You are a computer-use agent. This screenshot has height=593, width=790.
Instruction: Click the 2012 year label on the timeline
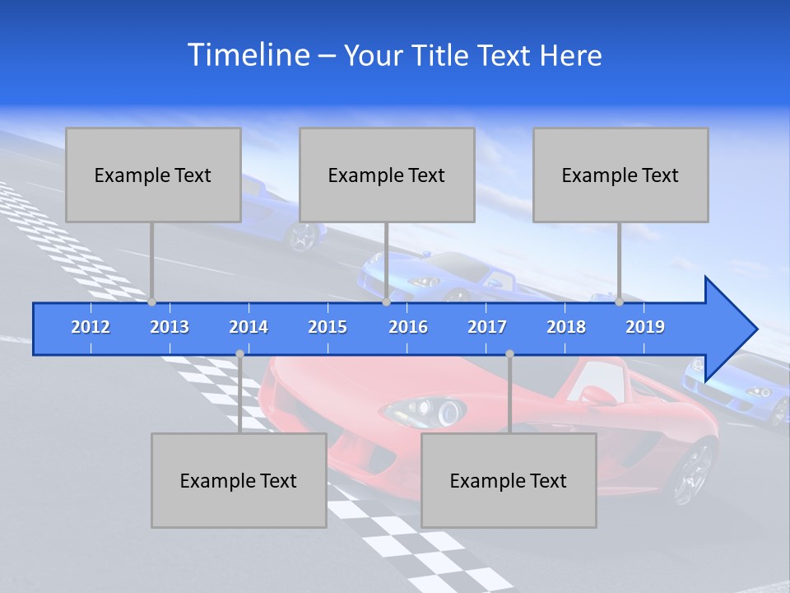pos(91,327)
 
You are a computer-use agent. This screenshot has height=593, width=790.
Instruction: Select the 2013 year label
pos(170,327)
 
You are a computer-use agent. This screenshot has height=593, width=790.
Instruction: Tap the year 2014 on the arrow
pos(249,327)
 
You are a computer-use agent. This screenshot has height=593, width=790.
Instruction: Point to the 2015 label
pos(328,327)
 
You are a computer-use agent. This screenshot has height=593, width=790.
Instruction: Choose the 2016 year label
pos(408,327)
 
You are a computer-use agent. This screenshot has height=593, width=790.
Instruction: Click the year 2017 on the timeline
pos(487,327)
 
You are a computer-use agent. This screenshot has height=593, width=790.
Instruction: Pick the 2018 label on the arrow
pos(566,327)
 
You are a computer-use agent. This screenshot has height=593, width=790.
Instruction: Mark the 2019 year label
pos(645,327)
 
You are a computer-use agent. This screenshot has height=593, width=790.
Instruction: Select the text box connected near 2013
pos(153,175)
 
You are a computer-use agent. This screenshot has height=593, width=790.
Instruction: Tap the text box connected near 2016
pos(387,175)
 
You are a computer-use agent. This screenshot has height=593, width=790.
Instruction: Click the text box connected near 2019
pos(620,175)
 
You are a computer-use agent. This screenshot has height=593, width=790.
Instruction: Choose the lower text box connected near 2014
pos(239,480)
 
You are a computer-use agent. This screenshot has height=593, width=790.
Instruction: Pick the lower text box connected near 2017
pos(509,480)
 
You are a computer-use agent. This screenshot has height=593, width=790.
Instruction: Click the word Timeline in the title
pos(248,55)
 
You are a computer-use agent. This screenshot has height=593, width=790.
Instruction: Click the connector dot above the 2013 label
pos(151,302)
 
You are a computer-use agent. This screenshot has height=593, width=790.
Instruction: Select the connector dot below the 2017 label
pos(509,353)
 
